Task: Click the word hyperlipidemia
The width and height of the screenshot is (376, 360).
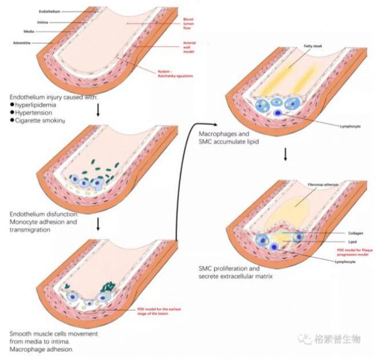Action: pyautogui.click(x=38, y=105)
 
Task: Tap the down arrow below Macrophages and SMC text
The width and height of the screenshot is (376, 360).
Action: pyautogui.click(x=286, y=155)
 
